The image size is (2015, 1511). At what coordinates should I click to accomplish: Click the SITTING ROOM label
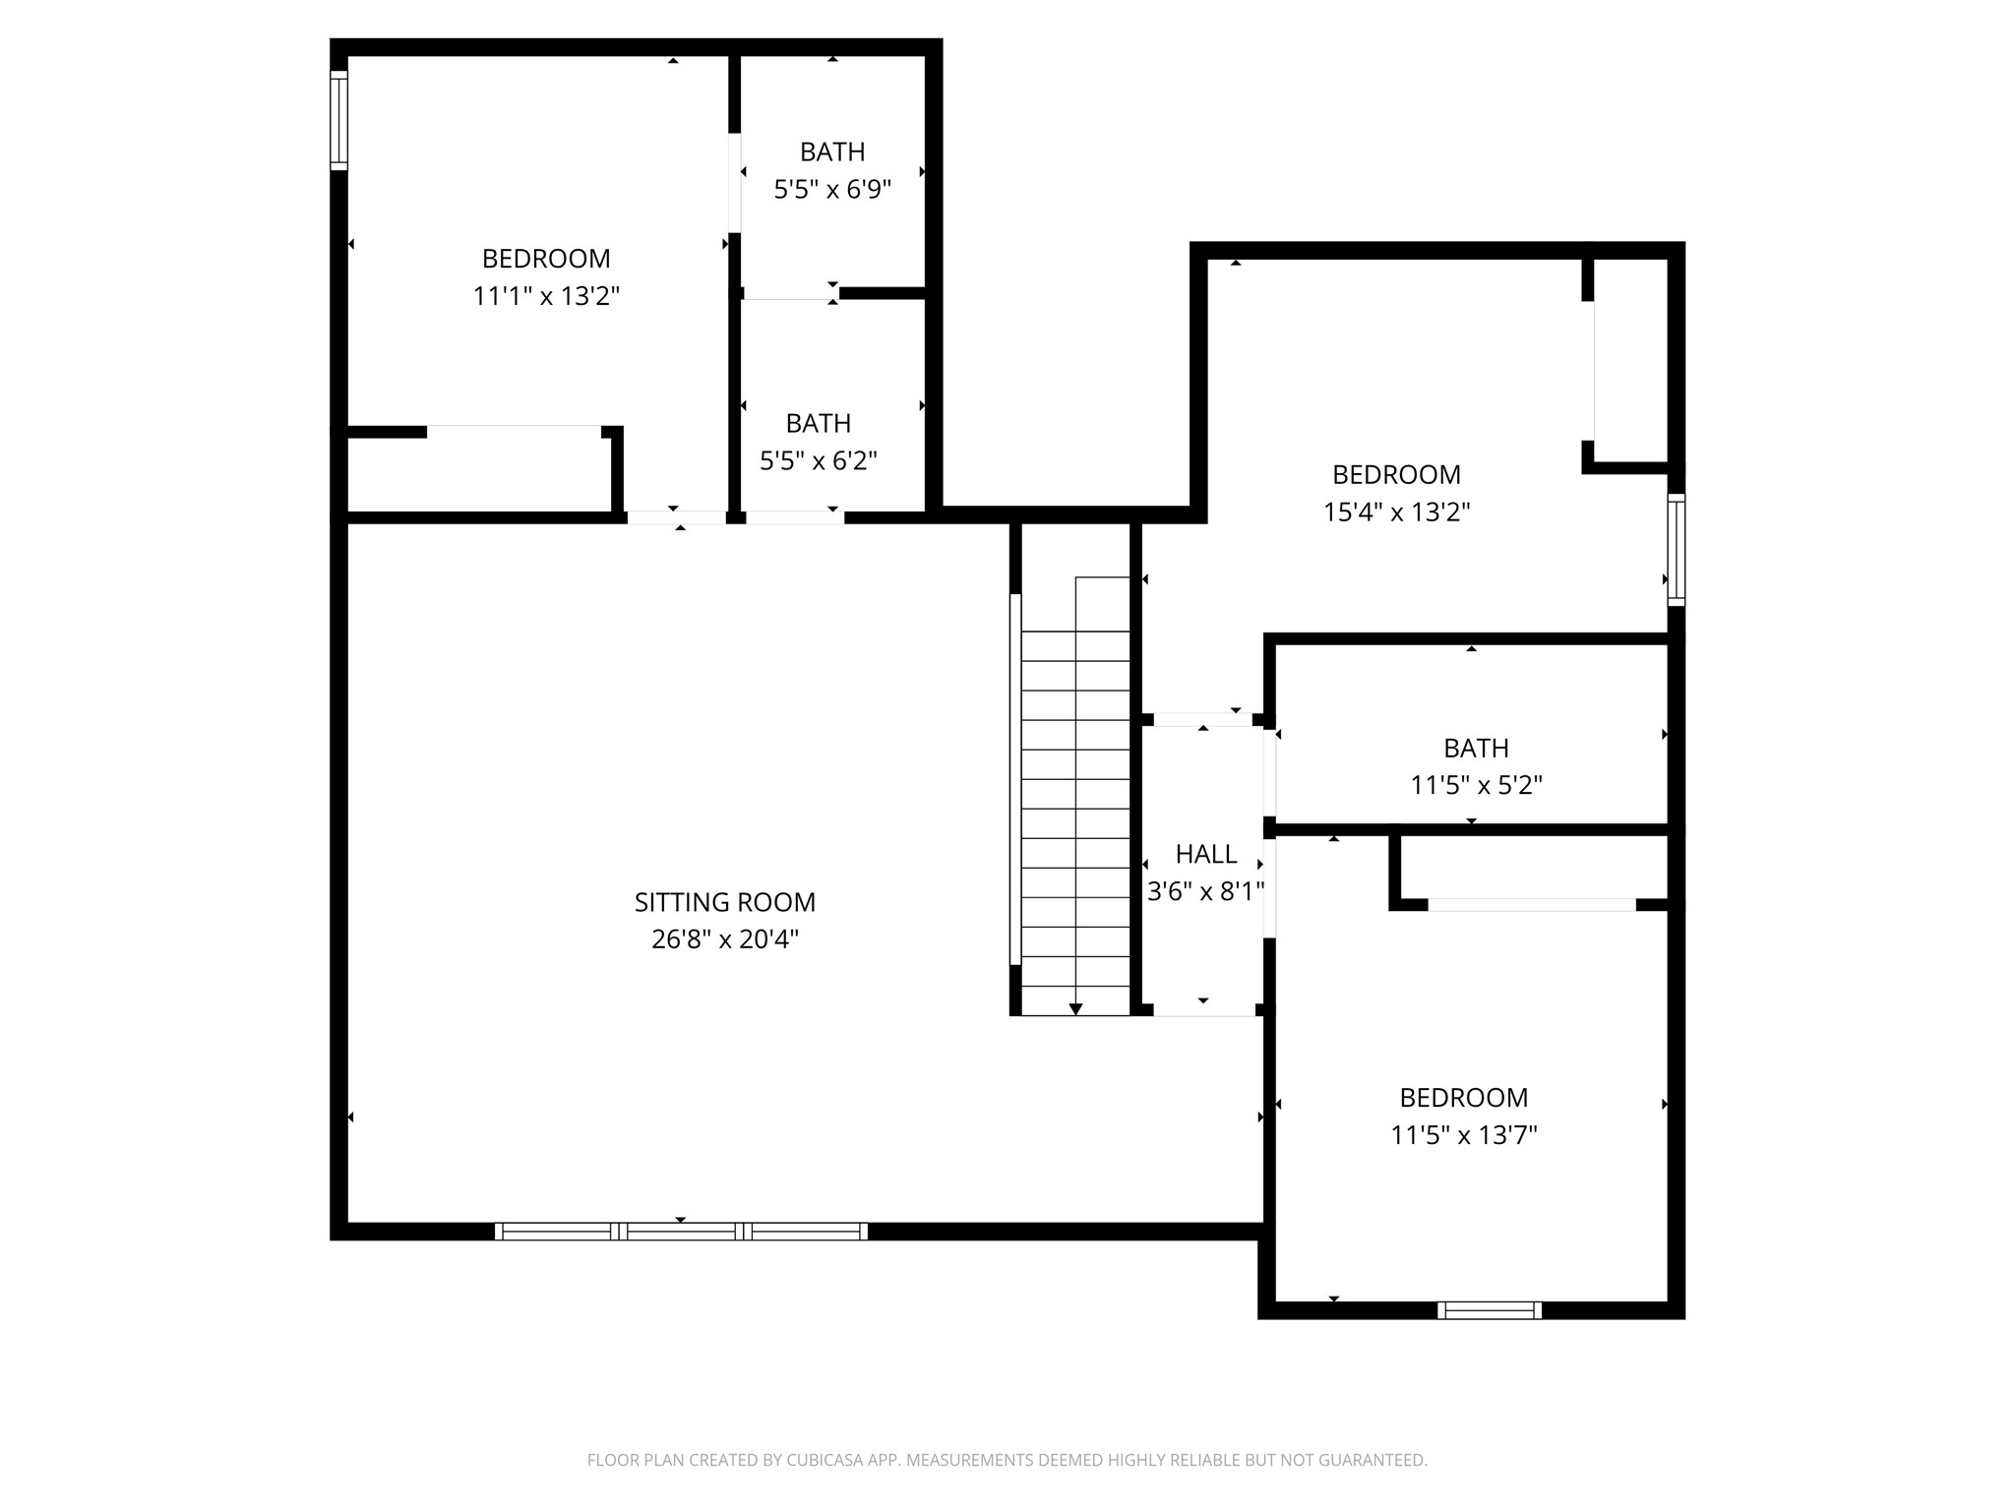coord(725,902)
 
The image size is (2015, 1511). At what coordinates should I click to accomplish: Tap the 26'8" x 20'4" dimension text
coord(725,939)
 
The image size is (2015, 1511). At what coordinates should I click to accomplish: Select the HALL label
coord(1206,854)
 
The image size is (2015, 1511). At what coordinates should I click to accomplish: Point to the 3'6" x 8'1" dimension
coord(1206,891)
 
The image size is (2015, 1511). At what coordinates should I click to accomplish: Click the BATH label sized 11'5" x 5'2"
coord(1476,749)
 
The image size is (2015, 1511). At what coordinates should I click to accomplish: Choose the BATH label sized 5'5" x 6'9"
coord(832,152)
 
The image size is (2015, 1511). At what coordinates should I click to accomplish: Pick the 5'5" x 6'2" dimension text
coord(819,460)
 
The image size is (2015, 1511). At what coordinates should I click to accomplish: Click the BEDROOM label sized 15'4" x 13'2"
coord(1396,475)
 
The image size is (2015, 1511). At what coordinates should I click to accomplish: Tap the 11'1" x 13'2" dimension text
coord(546,296)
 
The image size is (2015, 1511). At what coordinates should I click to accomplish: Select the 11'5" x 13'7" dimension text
coord(1464,1135)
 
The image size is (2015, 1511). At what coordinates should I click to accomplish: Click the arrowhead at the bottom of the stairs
coord(1075,1009)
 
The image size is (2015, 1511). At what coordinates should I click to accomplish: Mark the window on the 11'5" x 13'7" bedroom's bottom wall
coord(1490,1310)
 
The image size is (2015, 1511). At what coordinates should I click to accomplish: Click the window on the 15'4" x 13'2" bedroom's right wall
coord(1677,550)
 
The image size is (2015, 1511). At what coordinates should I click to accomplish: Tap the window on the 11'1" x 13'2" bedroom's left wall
coord(338,121)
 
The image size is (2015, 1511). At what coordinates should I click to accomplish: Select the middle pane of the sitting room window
coord(681,1231)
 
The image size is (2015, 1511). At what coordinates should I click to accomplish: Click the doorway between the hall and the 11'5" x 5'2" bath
coord(1269,773)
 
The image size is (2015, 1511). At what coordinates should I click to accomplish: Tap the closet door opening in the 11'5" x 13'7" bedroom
coord(1532,905)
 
